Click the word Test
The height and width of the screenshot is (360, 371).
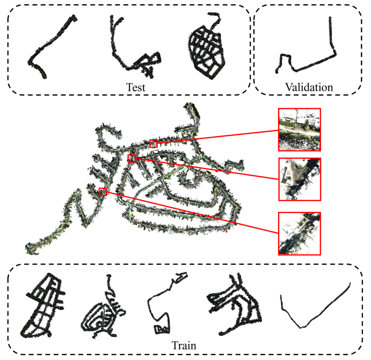[135, 87]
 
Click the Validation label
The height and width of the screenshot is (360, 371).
[309, 87]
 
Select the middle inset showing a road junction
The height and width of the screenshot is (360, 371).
[300, 179]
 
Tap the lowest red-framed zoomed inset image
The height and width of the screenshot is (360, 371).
[300, 233]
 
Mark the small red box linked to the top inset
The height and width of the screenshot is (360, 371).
[153, 144]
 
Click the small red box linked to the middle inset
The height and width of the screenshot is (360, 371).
[132, 158]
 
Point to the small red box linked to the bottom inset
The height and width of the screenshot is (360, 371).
[103, 191]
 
